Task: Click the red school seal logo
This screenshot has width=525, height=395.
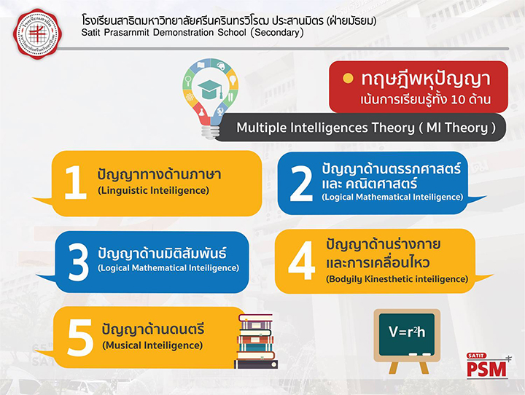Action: [37, 34]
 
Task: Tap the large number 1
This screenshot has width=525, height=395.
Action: [75, 182]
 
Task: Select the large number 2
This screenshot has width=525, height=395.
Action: [301, 184]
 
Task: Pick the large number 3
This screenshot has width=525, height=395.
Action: [78, 262]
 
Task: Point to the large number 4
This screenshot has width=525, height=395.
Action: [302, 260]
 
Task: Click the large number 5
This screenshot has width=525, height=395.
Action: [80, 337]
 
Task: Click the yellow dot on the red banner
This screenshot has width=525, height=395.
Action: [348, 78]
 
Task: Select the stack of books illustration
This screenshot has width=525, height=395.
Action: [256, 341]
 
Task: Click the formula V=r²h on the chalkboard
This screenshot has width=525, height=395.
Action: [407, 332]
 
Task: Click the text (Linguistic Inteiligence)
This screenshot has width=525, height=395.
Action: [153, 190]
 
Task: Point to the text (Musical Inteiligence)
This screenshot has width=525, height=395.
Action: [152, 345]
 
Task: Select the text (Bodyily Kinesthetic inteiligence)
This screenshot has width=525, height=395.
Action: [397, 279]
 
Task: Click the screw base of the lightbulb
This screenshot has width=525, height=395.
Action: [210, 132]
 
